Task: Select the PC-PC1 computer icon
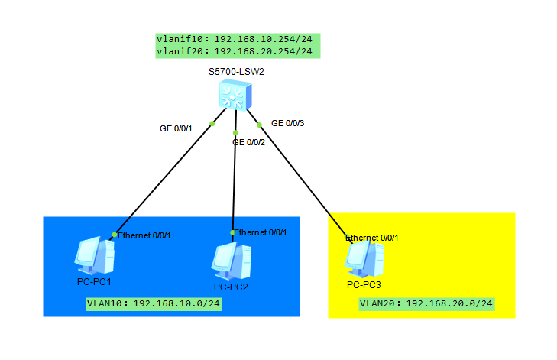pos(95,256)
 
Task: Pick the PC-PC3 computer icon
pos(364,259)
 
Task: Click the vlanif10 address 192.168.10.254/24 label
pos(237,39)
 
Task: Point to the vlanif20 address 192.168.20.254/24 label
pos(237,51)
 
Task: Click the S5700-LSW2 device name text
pos(236,72)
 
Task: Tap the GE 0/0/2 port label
pos(248,141)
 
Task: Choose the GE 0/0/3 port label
pos(288,122)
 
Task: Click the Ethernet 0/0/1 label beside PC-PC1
pos(144,235)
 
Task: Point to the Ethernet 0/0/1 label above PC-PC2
pos(261,232)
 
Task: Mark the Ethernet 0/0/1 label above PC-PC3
pos(372,238)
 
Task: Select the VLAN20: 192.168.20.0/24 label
pos(426,304)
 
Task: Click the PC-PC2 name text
pos(232,287)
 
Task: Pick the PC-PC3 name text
pos(364,284)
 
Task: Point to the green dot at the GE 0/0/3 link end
pos(260,125)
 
